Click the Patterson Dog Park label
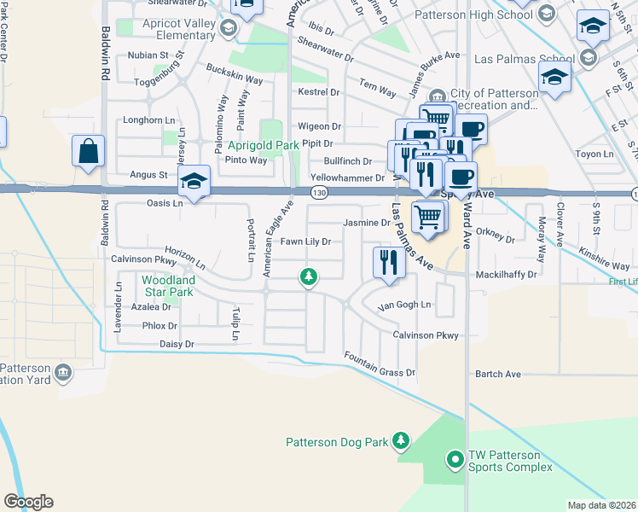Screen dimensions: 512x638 pyautogui.click(x=336, y=442)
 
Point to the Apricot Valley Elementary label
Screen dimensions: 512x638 pyautogui.click(x=167, y=29)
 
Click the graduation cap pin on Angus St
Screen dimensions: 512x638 pyautogui.click(x=194, y=181)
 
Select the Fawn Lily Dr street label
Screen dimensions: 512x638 pyautogui.click(x=305, y=241)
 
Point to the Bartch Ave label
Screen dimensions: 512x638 pyautogui.click(x=497, y=374)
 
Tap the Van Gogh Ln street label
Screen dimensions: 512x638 pyautogui.click(x=405, y=305)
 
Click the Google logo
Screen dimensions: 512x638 pyautogui.click(x=28, y=502)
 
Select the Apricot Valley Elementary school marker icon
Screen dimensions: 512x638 pyautogui.click(x=228, y=29)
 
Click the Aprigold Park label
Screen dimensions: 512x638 pyautogui.click(x=263, y=146)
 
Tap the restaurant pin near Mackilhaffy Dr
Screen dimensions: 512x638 pyautogui.click(x=387, y=263)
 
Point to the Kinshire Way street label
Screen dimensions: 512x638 pyautogui.click(x=603, y=254)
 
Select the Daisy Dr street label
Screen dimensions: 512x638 pyautogui.click(x=177, y=344)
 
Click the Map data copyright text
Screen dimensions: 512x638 pyautogui.click(x=602, y=505)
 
